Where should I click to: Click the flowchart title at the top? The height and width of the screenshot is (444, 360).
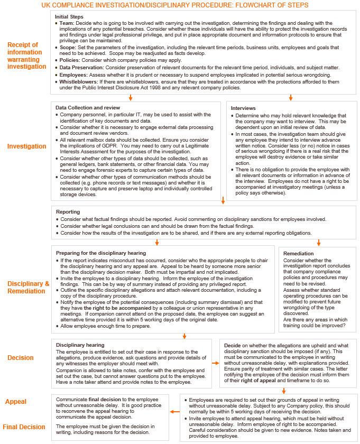click(x=179, y=5)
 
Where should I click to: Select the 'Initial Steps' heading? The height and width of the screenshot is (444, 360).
click(x=69, y=17)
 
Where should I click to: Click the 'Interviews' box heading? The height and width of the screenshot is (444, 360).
click(x=243, y=108)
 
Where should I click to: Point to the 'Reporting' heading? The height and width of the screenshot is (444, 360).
click(x=68, y=211)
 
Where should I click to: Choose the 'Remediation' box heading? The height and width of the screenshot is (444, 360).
click(x=298, y=254)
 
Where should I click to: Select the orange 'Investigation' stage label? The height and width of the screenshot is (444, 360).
click(x=26, y=146)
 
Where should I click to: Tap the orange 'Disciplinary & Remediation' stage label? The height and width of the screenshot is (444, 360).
click(x=28, y=288)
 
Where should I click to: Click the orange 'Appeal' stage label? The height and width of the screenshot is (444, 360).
click(x=16, y=402)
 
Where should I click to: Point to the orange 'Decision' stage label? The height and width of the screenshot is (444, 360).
click(x=20, y=358)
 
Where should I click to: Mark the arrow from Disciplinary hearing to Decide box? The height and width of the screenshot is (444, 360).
click(x=215, y=363)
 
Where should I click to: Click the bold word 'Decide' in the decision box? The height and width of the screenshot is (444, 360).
click(x=234, y=345)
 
